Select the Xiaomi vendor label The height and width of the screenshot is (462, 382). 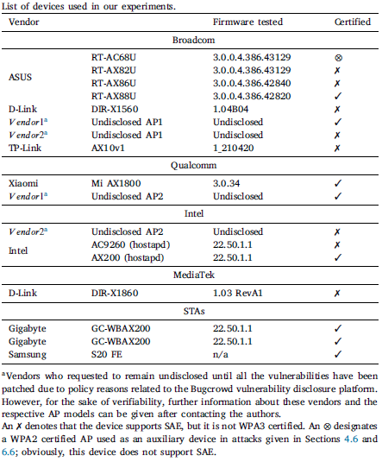25,183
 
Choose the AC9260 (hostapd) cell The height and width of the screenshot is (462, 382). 130,244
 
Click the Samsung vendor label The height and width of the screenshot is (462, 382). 28,354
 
